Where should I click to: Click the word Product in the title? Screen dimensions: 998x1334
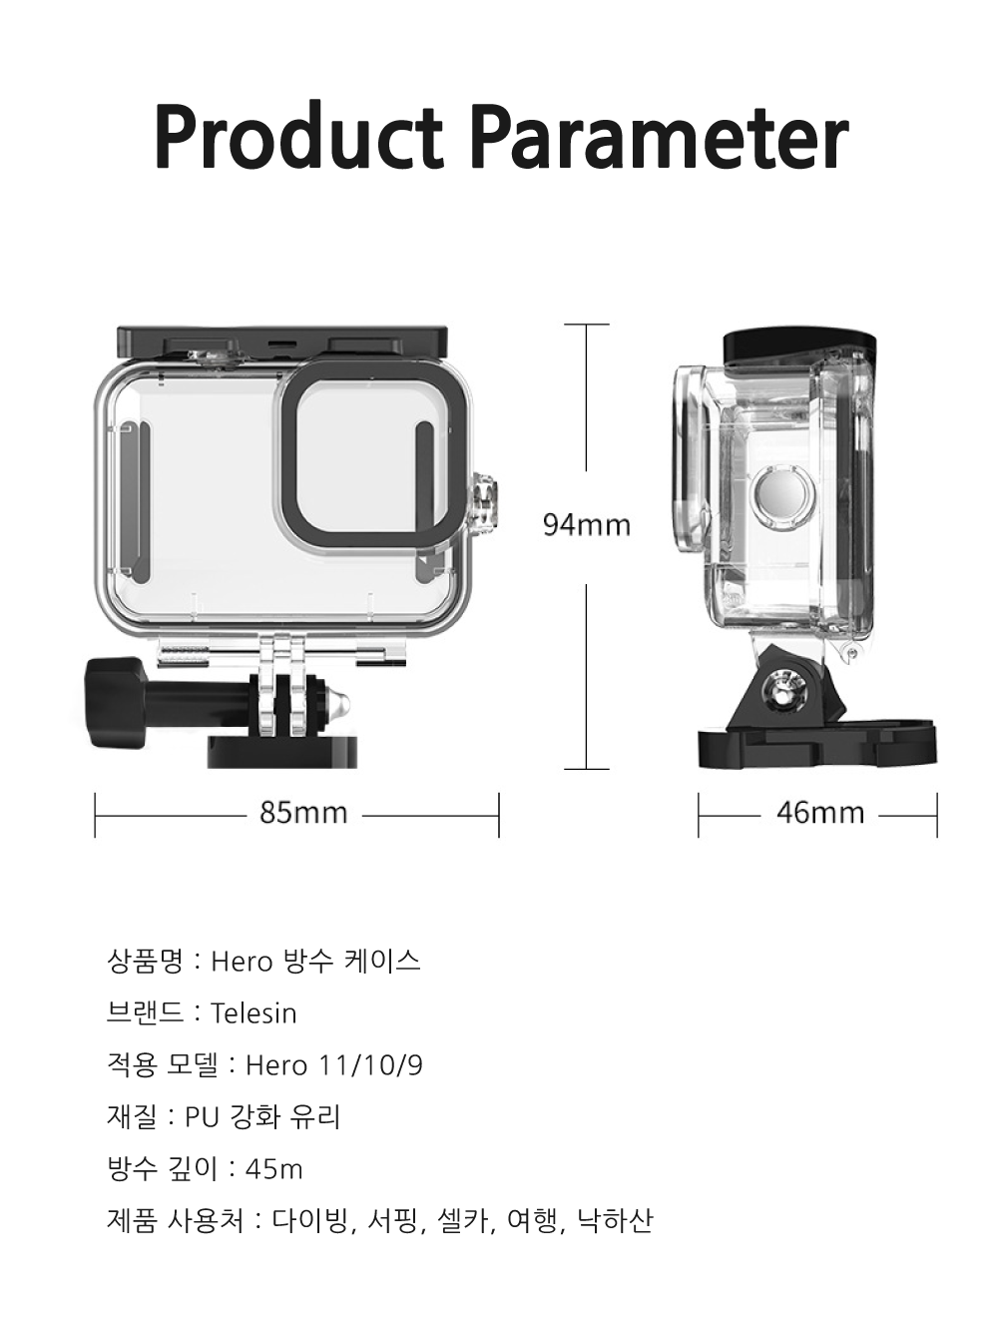[298, 137]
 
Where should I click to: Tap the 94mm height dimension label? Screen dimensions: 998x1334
[587, 525]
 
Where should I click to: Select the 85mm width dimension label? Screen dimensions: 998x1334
[303, 813]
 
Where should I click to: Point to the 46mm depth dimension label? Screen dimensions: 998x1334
[820, 813]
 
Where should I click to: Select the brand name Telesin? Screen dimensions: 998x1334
[253, 1014]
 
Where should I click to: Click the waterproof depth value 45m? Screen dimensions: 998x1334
[273, 1169]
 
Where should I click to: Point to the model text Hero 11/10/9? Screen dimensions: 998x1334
[333, 1066]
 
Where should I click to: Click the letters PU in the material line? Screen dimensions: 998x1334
[202, 1117]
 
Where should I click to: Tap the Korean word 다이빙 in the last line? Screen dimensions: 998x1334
[311, 1221]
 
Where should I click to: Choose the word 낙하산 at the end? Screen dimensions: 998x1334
[615, 1221]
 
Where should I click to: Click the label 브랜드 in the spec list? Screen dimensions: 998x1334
[145, 1014]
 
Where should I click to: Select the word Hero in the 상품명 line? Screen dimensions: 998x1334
[241, 963]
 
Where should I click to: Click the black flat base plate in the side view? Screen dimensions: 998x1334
[817, 747]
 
